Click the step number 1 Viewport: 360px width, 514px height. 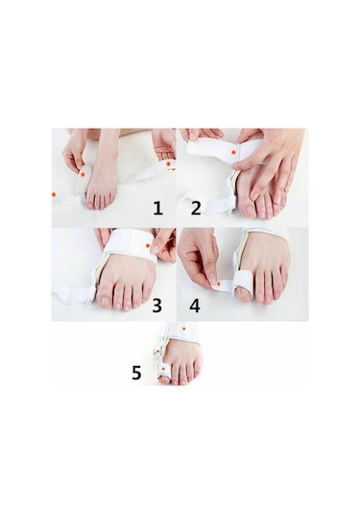[157, 208]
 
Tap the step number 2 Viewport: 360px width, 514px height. [196, 208]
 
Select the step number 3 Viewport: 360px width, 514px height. [157, 306]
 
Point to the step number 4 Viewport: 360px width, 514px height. [195, 306]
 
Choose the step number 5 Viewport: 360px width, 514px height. [136, 373]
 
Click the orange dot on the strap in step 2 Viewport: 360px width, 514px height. [233, 152]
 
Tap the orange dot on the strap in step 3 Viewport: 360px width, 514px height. [148, 246]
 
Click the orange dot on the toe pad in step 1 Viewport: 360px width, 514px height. [83, 175]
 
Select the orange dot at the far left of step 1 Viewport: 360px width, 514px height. [54, 195]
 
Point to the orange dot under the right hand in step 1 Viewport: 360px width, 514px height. [169, 163]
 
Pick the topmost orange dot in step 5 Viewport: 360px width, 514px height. [184, 329]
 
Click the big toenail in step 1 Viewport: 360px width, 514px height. [90, 206]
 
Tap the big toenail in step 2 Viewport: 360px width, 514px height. [250, 208]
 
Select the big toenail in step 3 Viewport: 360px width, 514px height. [106, 300]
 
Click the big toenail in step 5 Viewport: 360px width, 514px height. [163, 380]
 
